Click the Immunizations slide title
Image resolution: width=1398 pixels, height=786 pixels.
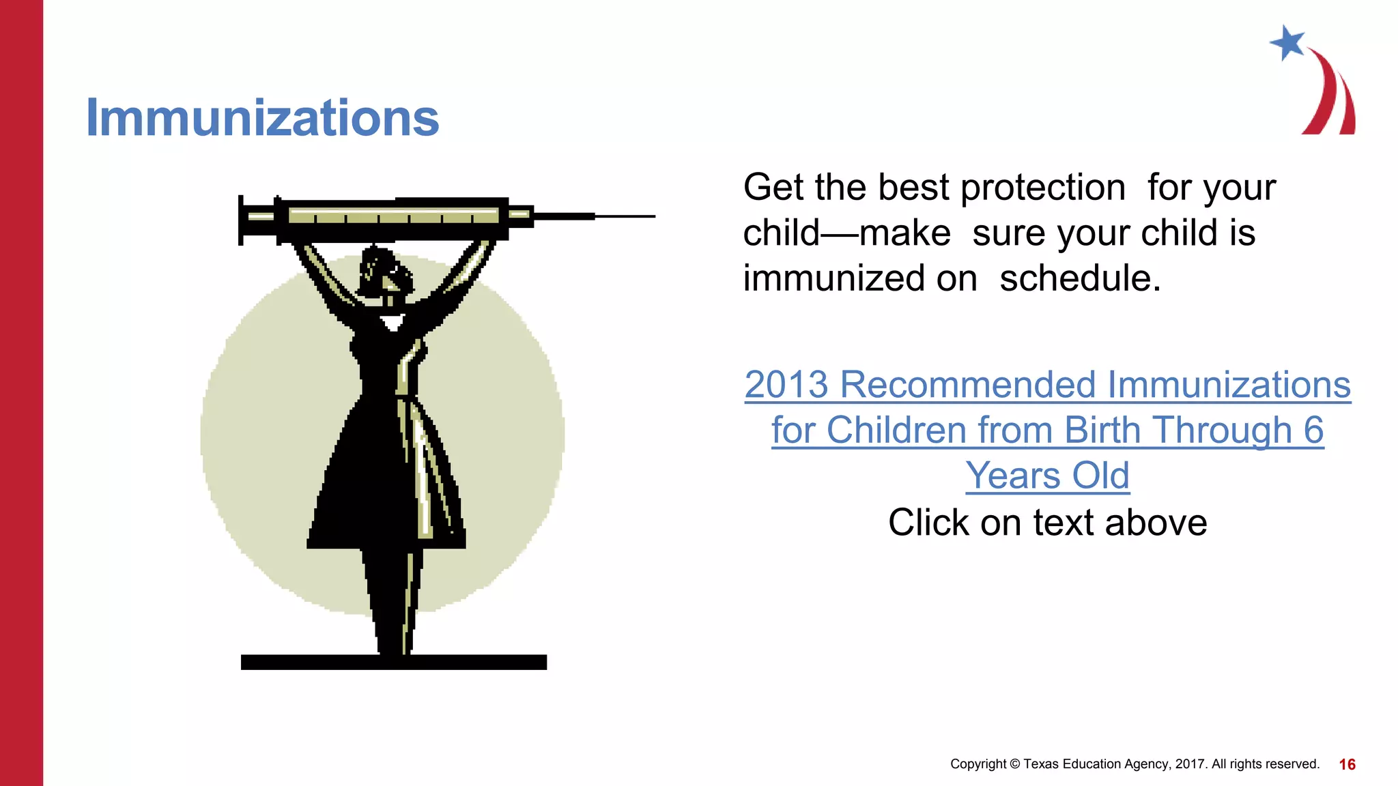pyautogui.click(x=262, y=118)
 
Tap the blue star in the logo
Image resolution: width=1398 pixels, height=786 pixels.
pyautogui.click(x=1287, y=42)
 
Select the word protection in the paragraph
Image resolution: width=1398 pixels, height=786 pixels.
pyautogui.click(x=1042, y=188)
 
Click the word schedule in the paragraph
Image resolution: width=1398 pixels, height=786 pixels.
pyautogui.click(x=1079, y=279)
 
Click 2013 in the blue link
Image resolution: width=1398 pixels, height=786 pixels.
pyautogui.click(x=786, y=385)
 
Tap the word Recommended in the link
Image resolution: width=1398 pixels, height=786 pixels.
pyautogui.click(x=968, y=385)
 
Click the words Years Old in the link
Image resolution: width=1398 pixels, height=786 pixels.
pyautogui.click(x=1047, y=476)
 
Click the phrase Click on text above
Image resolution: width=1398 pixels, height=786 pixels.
pyautogui.click(x=1047, y=523)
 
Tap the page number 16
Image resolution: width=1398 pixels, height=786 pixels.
pyautogui.click(x=1347, y=764)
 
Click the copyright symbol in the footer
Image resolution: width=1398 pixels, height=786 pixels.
pyautogui.click(x=1014, y=764)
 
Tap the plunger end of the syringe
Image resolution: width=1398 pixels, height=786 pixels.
pyautogui.click(x=242, y=220)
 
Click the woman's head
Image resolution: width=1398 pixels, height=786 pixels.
pyautogui.click(x=386, y=273)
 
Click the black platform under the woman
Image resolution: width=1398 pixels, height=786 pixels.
pyautogui.click(x=393, y=662)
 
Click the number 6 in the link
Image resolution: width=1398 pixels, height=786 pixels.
pyautogui.click(x=1313, y=431)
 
